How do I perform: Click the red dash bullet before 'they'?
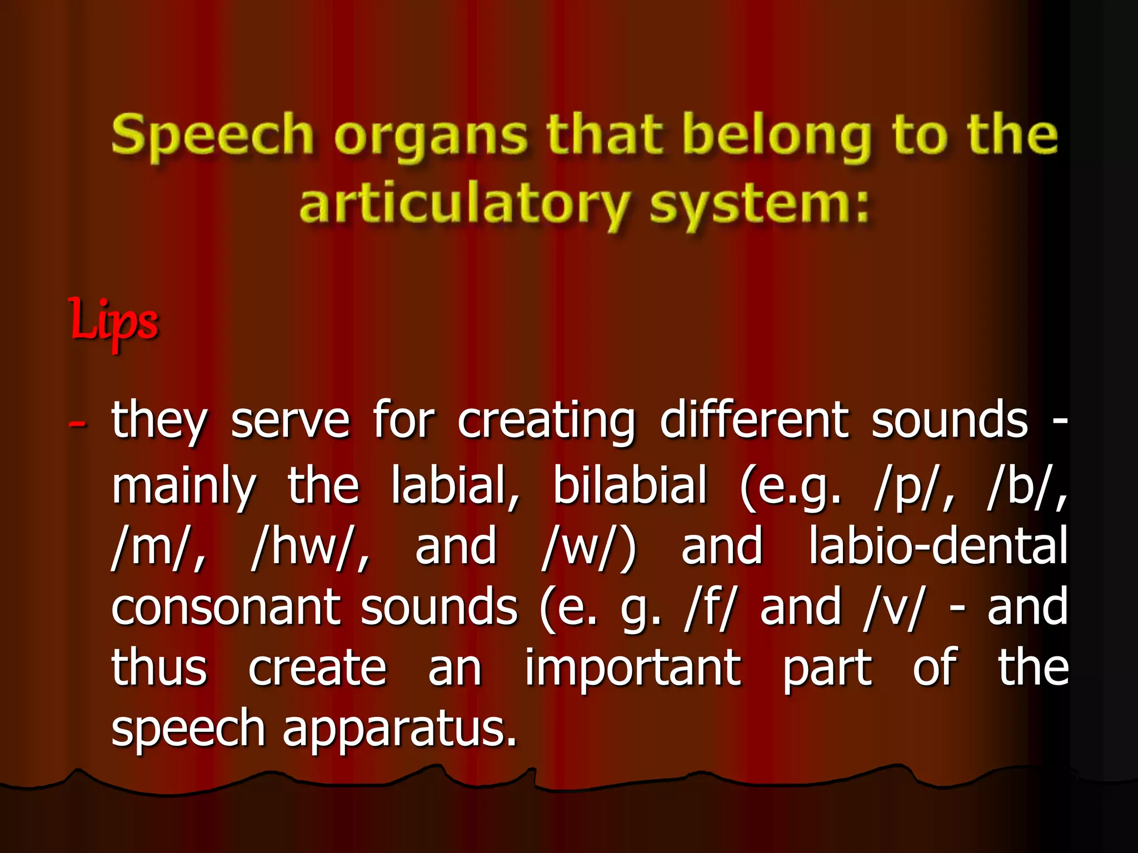[x=77, y=424]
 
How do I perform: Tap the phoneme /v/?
[x=892, y=608]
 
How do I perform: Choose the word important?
[x=633, y=669]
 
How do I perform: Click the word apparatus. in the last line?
[x=400, y=730]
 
